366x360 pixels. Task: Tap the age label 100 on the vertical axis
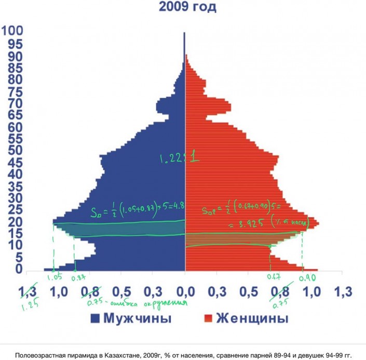coord(12,32)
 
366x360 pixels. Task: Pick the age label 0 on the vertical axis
coord(18,269)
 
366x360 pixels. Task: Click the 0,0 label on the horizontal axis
coord(185,293)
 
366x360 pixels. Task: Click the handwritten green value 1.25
coord(19,306)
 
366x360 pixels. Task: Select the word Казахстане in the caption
coord(107,355)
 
